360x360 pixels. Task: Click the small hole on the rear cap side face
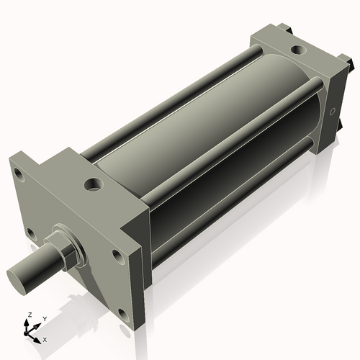tap(332, 112)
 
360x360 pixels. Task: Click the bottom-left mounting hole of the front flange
tap(31, 233)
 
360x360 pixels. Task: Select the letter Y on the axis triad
tap(44, 319)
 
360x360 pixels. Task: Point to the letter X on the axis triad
tap(45, 338)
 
